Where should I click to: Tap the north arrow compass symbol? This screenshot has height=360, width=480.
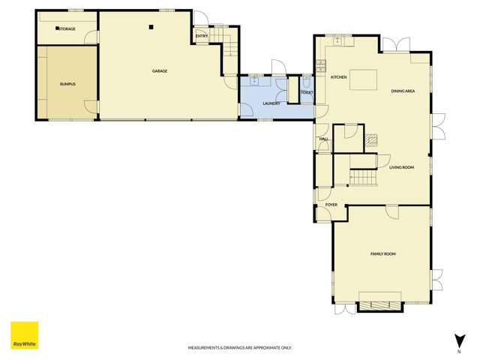(x=457, y=341)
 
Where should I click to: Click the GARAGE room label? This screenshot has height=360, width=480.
(x=159, y=71)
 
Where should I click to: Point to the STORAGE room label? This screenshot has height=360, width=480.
(x=67, y=28)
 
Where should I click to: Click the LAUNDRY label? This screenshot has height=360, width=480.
(x=271, y=103)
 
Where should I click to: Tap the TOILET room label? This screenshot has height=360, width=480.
(x=306, y=92)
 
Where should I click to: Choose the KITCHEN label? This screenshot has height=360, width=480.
(x=337, y=77)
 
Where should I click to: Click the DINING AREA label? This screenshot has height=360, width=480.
(x=403, y=91)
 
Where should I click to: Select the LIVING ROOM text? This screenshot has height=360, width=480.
(x=401, y=167)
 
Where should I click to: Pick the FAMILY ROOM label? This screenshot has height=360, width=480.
(x=382, y=254)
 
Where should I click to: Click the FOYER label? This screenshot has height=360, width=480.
(x=331, y=205)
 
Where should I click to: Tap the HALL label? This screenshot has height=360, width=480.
(x=324, y=139)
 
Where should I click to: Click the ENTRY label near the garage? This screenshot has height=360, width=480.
(x=201, y=35)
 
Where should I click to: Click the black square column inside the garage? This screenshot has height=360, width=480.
(x=151, y=27)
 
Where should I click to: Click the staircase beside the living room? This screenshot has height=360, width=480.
(x=363, y=177)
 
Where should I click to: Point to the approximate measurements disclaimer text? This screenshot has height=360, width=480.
(x=239, y=348)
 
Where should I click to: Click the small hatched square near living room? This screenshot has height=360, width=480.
(x=373, y=139)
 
